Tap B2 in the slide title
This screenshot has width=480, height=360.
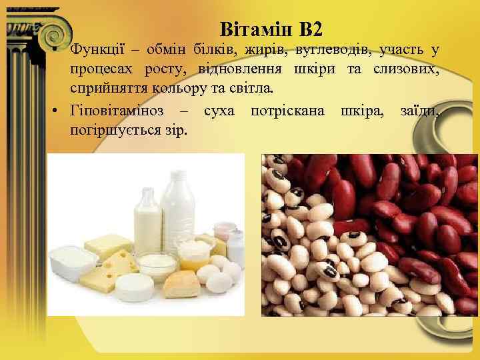[x=310, y=29]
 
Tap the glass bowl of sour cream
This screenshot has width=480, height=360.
[x=158, y=265]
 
